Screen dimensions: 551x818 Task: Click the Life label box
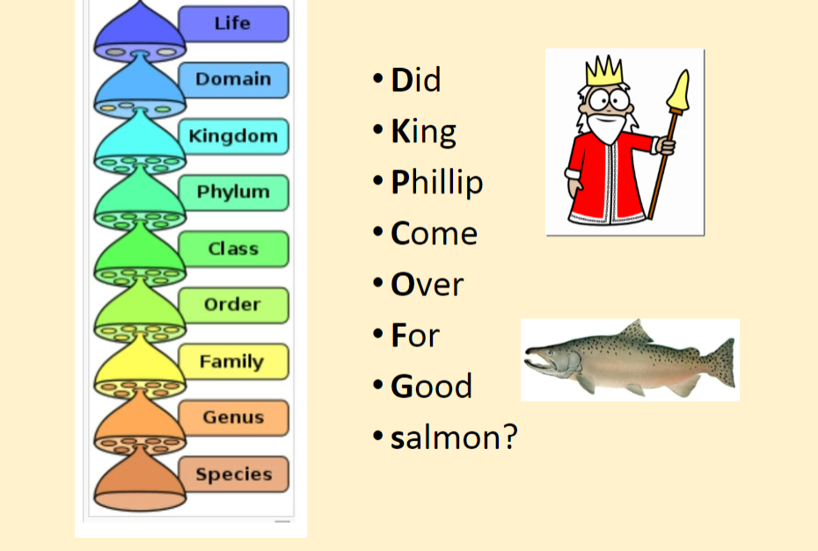click(x=233, y=24)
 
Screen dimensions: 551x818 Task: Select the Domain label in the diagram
click(x=233, y=80)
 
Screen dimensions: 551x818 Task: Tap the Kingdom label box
click(x=233, y=136)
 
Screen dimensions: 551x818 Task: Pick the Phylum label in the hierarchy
click(x=233, y=192)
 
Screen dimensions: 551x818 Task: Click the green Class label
click(x=233, y=249)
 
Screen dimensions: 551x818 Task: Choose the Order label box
click(x=233, y=305)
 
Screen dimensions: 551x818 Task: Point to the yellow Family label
click(x=233, y=361)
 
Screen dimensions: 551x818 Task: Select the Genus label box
click(x=233, y=417)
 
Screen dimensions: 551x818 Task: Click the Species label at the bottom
click(x=233, y=475)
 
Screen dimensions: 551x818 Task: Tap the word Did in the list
click(x=416, y=81)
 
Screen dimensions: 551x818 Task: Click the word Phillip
click(x=437, y=183)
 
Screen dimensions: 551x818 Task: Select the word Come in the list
click(x=435, y=234)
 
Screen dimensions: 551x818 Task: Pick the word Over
click(x=427, y=285)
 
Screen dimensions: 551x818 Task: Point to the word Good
click(x=432, y=387)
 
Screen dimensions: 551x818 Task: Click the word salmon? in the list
click(x=454, y=437)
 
